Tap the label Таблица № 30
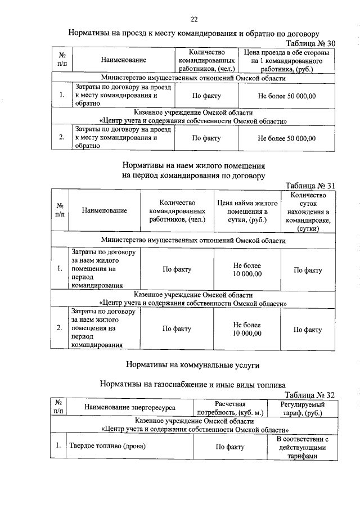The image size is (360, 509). click(310, 43)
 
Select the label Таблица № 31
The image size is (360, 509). click(310, 186)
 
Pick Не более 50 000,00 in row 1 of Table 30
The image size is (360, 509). click(287, 96)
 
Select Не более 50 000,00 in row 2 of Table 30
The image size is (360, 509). click(287, 138)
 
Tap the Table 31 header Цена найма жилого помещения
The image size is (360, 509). click(247, 211)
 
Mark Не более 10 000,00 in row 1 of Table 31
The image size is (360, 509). click(247, 269)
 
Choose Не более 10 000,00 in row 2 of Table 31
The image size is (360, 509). click(247, 329)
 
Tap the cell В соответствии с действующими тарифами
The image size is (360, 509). click(302, 447)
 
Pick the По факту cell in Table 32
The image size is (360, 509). click(231, 447)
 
